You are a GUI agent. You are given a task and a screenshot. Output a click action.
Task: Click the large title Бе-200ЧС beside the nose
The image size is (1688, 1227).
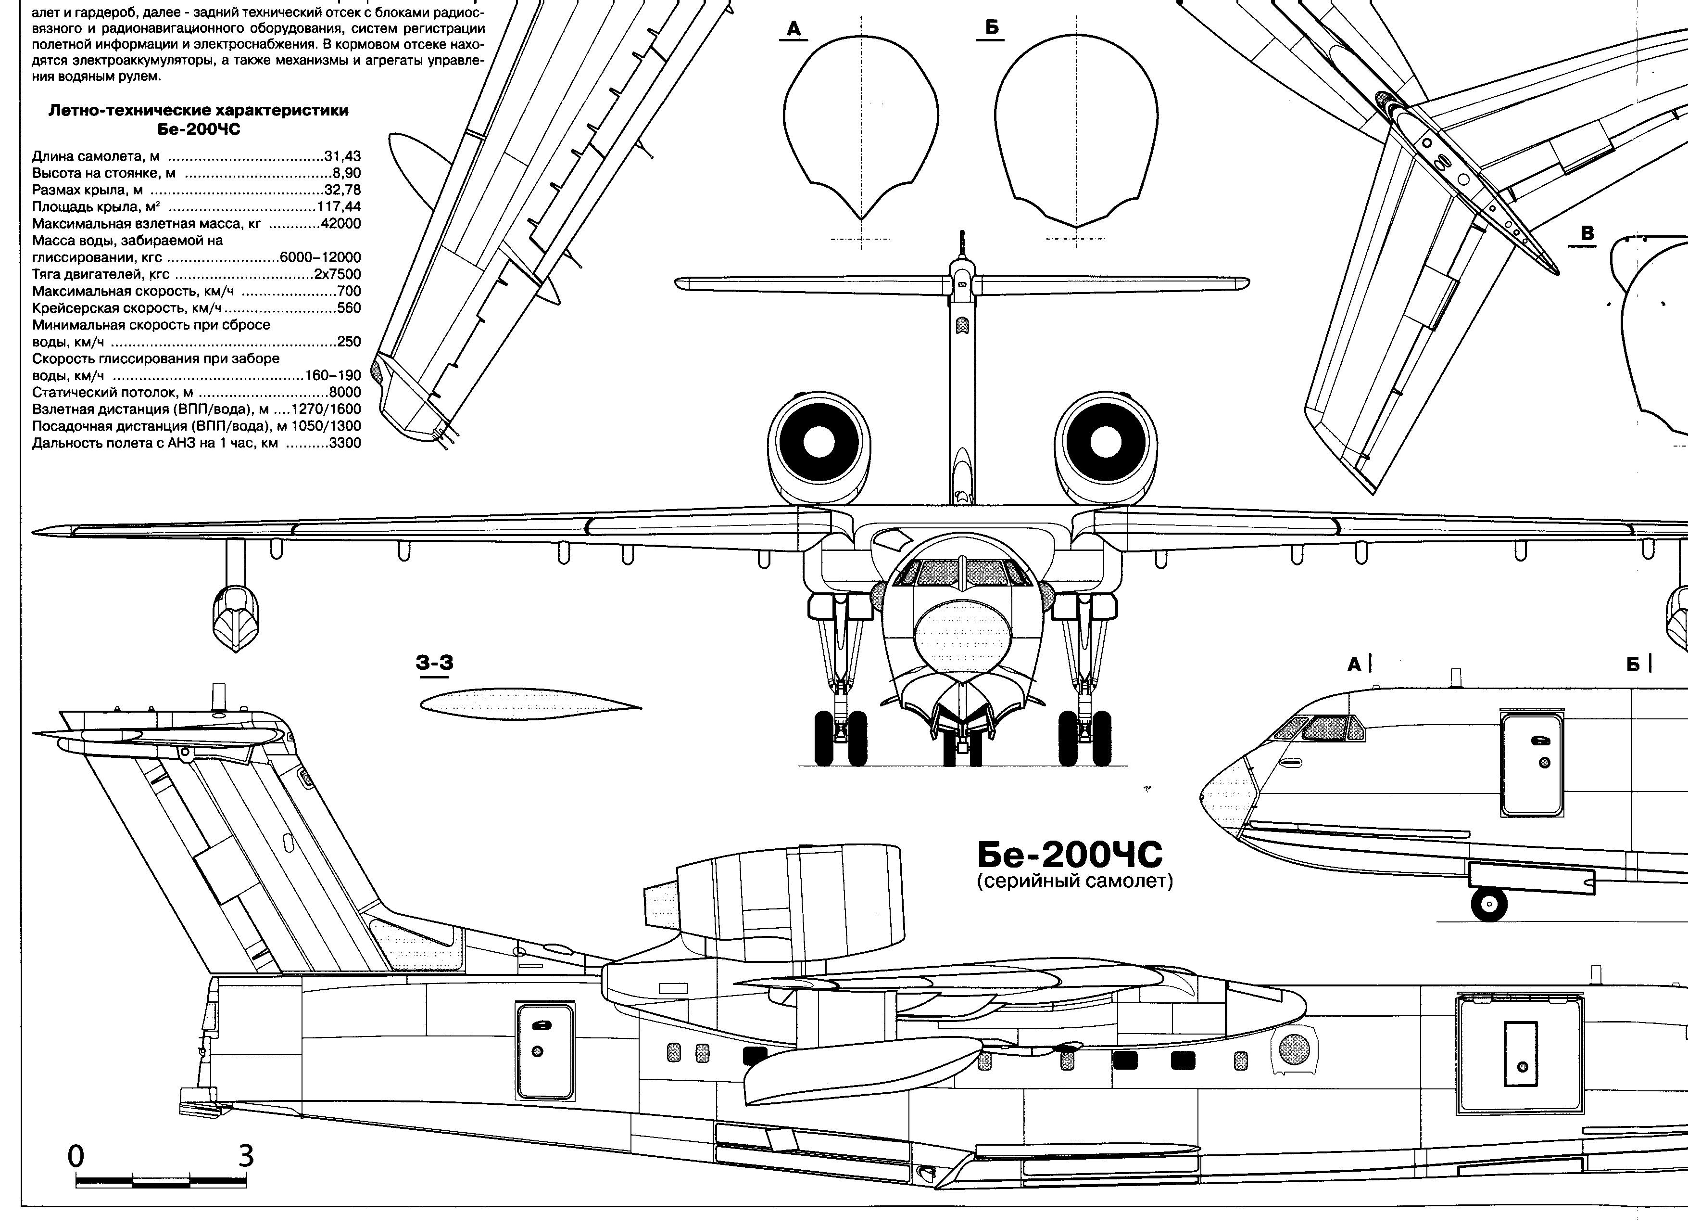tap(1070, 856)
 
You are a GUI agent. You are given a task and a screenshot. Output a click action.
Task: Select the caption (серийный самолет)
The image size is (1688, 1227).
tap(1075, 882)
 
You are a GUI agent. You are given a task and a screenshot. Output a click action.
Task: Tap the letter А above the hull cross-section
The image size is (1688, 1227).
tap(794, 29)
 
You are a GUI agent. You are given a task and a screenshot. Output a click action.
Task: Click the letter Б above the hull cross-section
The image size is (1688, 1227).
tap(991, 28)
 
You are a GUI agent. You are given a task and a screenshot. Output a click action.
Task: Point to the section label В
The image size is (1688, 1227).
tap(1587, 234)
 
